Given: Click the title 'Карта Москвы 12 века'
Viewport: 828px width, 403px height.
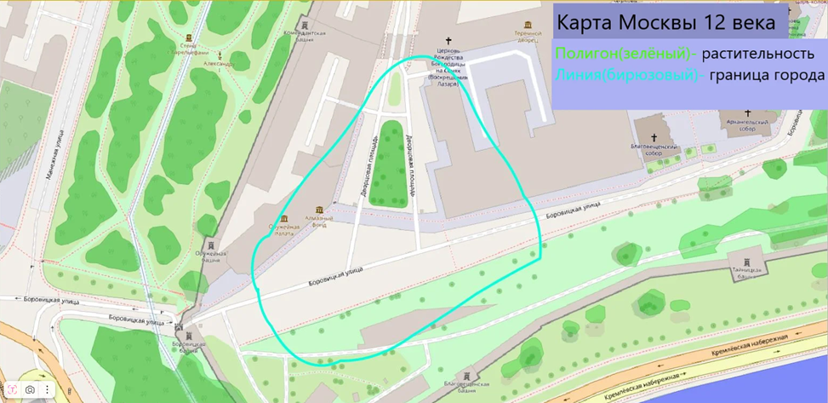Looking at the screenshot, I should point(666,21).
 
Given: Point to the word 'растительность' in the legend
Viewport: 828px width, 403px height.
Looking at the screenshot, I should point(763,53).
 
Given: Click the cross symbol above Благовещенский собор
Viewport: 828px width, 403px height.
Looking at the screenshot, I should point(654,138).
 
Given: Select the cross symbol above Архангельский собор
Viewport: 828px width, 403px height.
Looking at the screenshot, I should point(747,113).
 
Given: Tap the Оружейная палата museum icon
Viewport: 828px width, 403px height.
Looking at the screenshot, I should point(284,218).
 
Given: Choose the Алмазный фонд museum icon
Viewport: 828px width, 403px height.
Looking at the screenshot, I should point(319,210).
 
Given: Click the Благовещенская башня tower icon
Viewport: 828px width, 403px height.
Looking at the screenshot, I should point(467,376).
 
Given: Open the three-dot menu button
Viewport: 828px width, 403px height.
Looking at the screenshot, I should point(47,389).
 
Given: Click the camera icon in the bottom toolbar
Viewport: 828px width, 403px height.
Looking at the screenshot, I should point(30,389).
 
